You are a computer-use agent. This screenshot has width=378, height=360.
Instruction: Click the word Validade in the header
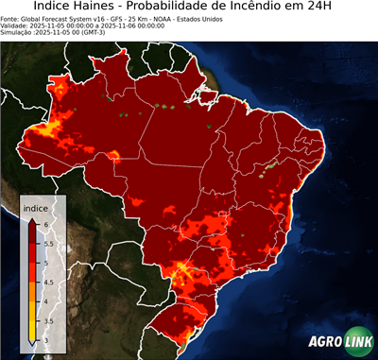(x=16, y=26)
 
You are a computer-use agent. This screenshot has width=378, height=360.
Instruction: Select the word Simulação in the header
(x=18, y=33)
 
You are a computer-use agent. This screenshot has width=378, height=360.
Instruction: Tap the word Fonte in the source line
(x=10, y=18)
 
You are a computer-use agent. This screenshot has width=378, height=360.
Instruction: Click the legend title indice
(x=35, y=207)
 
